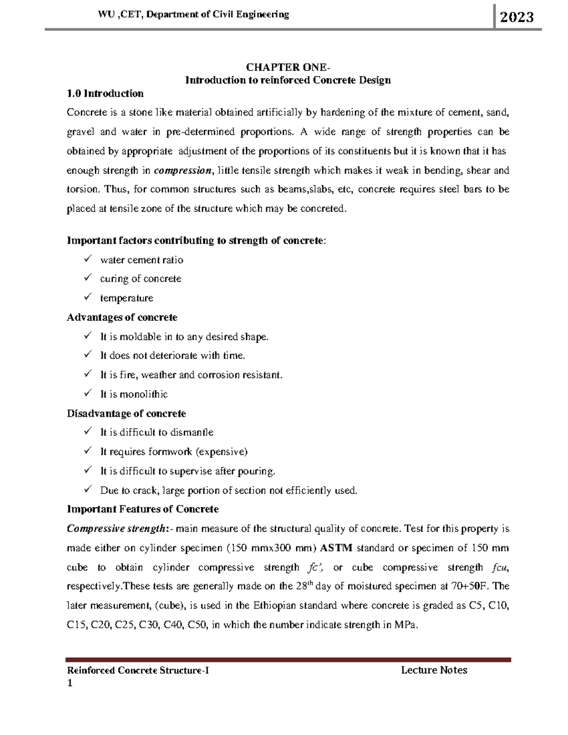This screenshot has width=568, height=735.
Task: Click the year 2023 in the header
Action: pos(517,18)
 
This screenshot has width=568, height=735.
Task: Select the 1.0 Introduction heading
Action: pos(105,93)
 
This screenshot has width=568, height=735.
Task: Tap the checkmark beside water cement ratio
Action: pos(88,259)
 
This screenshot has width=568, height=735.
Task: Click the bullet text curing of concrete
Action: pos(141,279)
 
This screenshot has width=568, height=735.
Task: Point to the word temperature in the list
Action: pos(126,298)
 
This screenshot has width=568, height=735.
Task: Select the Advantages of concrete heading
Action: pos(122,317)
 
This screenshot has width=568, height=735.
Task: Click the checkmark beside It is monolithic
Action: pos(88,394)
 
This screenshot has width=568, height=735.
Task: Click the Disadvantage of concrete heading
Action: pos(126,414)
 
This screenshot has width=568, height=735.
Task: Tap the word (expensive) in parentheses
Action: pos(222,452)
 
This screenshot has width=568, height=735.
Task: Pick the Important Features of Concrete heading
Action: pos(142,509)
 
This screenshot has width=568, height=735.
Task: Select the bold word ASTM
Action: pos(336,548)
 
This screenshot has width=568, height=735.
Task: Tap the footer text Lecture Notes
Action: pos(434,670)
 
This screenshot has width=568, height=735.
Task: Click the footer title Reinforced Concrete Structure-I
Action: pos(138,670)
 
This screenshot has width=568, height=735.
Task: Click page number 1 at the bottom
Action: pos(70,683)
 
